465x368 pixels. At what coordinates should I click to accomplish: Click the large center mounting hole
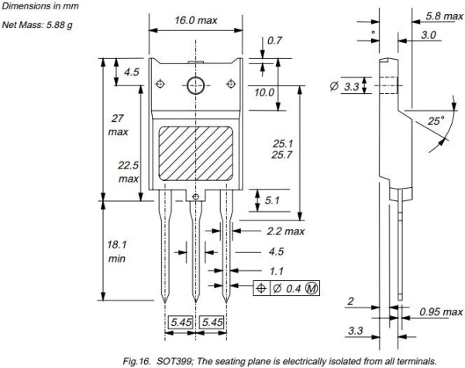tap(195, 85)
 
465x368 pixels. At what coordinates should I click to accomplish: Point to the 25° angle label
tap(436, 122)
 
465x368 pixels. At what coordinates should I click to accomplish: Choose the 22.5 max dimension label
tap(128, 172)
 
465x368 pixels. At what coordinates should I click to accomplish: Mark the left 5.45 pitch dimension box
tap(181, 321)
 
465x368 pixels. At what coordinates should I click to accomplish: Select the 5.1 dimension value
tap(272, 200)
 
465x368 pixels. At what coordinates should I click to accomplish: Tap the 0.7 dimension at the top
tap(274, 40)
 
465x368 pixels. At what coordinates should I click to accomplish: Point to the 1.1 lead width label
tap(276, 272)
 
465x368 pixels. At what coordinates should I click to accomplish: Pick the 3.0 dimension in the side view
tap(428, 35)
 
